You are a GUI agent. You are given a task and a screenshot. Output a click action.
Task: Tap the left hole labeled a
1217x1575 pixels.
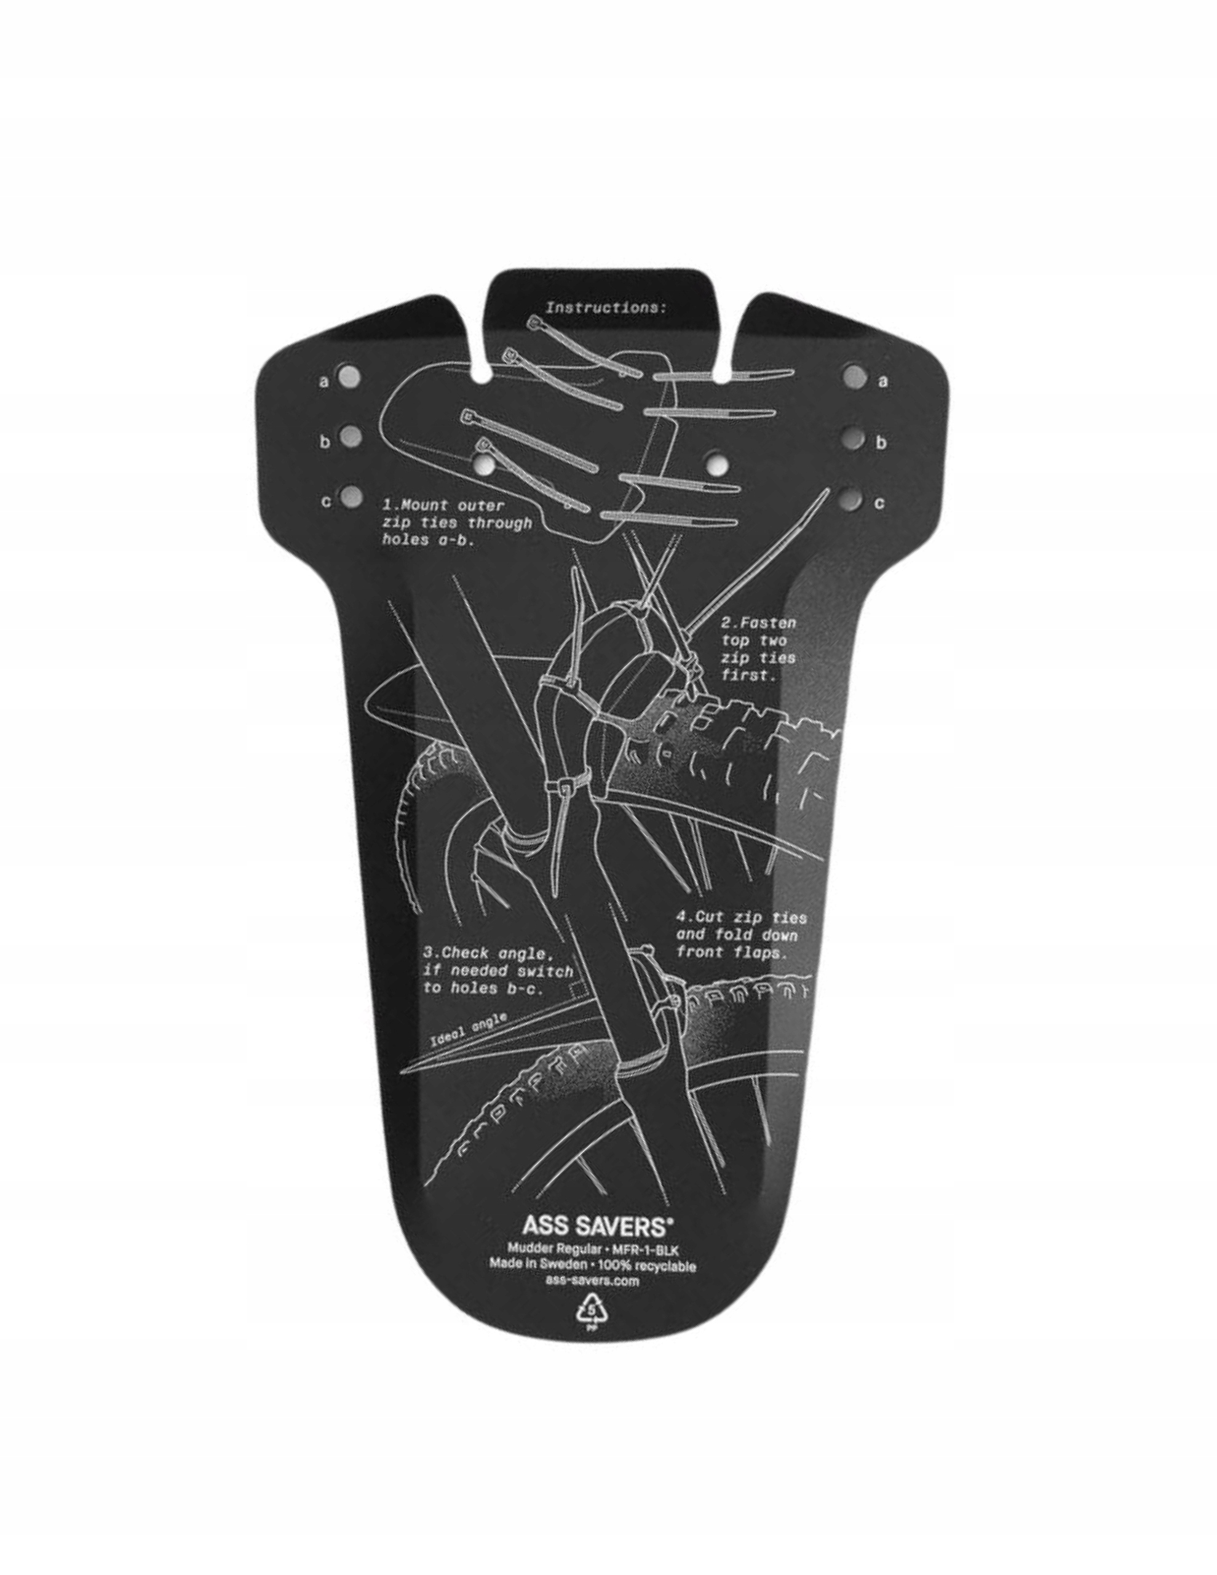pos(351,375)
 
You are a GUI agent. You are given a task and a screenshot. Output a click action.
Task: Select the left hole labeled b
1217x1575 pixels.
pos(351,435)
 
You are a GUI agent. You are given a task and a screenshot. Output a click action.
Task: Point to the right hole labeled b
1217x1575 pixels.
pos(855,439)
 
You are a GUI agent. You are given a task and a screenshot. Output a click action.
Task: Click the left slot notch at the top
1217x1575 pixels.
pos(477,373)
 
